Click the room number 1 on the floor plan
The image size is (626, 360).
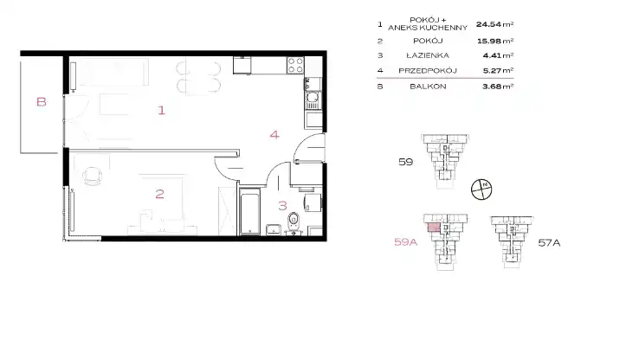pyautogui.click(x=161, y=110)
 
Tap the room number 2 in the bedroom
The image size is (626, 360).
pyautogui.click(x=159, y=194)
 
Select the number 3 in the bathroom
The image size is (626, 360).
pyautogui.click(x=282, y=206)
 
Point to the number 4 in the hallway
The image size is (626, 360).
pyautogui.click(x=274, y=135)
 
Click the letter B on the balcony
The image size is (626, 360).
pyautogui.click(x=41, y=102)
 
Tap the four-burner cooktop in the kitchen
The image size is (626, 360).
pyautogui.click(x=295, y=66)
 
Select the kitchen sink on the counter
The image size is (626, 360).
pyautogui.click(x=313, y=100)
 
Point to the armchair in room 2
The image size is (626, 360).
pyautogui.click(x=93, y=176)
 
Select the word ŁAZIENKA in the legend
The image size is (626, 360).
pyautogui.click(x=428, y=55)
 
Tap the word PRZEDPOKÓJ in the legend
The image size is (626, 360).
pyautogui.click(x=428, y=71)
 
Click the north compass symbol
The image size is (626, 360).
pyautogui.click(x=481, y=190)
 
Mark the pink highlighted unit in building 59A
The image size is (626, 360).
pyautogui.click(x=434, y=228)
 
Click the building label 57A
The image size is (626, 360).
pyautogui.click(x=549, y=242)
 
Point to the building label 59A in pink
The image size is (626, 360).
pyautogui.click(x=405, y=241)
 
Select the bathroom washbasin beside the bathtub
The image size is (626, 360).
pyautogui.click(x=274, y=229)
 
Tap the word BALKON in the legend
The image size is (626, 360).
pyautogui.click(x=428, y=87)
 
